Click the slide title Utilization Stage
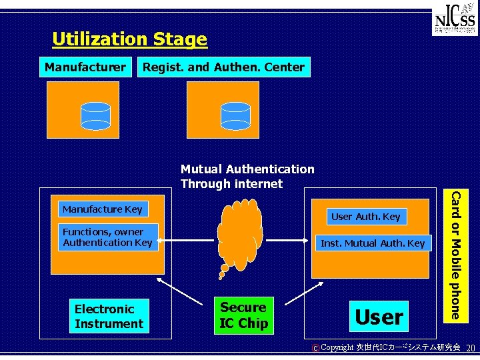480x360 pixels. [x=129, y=39]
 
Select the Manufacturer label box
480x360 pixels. [x=85, y=67]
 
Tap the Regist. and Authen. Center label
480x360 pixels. [x=223, y=67]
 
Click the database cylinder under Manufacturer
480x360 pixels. [x=95, y=115]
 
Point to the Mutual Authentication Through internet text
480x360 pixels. [x=247, y=177]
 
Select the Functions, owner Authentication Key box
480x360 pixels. [x=107, y=237]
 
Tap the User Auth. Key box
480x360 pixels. [x=365, y=216]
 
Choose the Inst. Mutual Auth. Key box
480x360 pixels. [x=372, y=243]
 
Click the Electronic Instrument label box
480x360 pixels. [x=109, y=317]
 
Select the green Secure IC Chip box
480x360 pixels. [x=243, y=315]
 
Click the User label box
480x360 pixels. [x=379, y=317]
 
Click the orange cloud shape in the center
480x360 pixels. [x=239, y=233]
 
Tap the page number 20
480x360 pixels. [x=470, y=348]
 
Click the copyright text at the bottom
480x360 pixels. [x=387, y=348]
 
